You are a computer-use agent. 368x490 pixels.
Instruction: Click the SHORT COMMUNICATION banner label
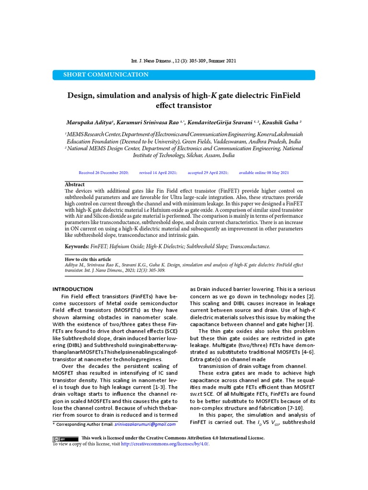point(106,75)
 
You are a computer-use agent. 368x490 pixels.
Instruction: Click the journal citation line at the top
point(184,61)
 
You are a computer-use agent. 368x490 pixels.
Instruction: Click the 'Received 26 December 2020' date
point(103,172)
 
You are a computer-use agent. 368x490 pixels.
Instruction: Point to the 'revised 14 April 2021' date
point(158,172)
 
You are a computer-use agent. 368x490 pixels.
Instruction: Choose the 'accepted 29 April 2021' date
point(208,172)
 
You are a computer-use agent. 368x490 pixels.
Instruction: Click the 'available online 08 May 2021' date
point(264,172)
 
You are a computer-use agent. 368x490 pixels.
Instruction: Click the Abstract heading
point(75,184)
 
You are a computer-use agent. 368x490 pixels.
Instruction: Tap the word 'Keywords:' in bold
point(77,246)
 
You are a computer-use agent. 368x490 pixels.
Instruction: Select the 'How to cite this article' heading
point(88,259)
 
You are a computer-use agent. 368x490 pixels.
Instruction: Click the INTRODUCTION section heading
point(72,289)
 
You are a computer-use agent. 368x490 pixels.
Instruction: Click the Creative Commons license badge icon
point(65,438)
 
